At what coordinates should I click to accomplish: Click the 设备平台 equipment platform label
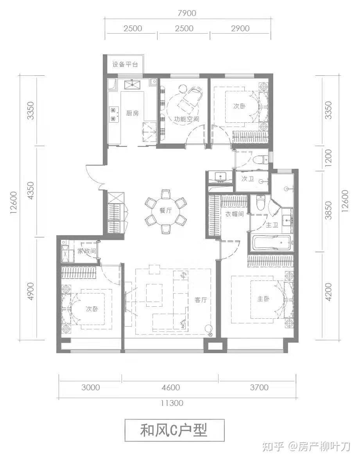(x=125, y=64)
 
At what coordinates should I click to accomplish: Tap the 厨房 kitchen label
(x=133, y=113)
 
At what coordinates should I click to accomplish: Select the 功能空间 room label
(x=186, y=119)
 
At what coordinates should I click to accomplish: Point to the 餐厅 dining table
(x=166, y=211)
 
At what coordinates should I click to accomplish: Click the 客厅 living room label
(x=201, y=300)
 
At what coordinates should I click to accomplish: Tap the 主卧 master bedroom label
(x=263, y=299)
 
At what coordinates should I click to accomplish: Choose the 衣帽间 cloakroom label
(x=235, y=214)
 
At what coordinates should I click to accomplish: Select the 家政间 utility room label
(x=86, y=251)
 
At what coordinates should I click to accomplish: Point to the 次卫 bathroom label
(x=248, y=179)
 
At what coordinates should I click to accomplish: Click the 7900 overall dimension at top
(x=187, y=13)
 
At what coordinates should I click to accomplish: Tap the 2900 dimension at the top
(x=240, y=29)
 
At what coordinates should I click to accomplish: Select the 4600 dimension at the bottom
(x=170, y=387)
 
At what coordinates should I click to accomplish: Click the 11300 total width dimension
(x=172, y=403)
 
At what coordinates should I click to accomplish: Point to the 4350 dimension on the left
(x=30, y=191)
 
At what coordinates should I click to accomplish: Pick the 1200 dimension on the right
(x=328, y=158)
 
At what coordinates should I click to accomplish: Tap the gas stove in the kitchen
(x=113, y=114)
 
